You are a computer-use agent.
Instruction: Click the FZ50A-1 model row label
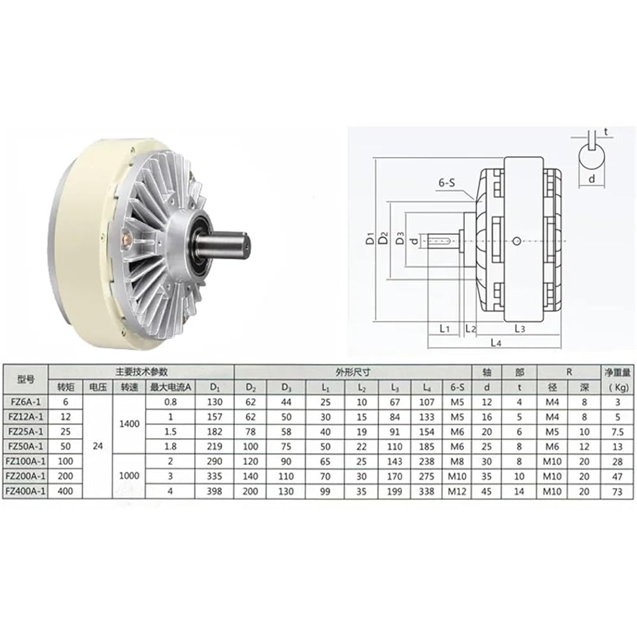click(25, 446)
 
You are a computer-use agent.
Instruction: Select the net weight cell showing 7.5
click(617, 431)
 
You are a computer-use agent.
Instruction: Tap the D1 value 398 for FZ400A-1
click(214, 491)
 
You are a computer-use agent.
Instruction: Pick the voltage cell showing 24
click(97, 446)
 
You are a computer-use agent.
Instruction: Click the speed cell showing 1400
click(129, 424)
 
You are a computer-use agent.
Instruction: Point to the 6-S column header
click(457, 387)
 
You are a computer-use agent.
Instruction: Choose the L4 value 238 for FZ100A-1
click(427, 461)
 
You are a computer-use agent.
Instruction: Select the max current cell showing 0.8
click(170, 402)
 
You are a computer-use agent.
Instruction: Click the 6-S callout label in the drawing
click(447, 183)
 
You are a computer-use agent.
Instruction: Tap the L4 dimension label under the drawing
click(496, 343)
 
